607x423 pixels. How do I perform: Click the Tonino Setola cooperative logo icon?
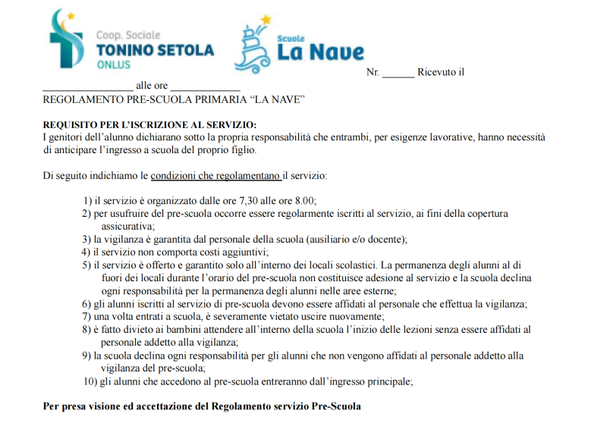[x=64, y=39]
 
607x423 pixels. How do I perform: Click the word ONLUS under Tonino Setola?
[x=113, y=65]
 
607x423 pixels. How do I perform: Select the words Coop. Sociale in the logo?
[x=128, y=35]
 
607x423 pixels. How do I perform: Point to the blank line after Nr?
[x=398, y=74]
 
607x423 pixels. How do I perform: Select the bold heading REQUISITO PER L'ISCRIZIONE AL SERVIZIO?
[x=149, y=124]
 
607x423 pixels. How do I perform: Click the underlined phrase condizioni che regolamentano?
[x=215, y=176]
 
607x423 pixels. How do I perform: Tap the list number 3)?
[x=86, y=240]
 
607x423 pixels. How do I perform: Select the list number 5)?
[x=86, y=265]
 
